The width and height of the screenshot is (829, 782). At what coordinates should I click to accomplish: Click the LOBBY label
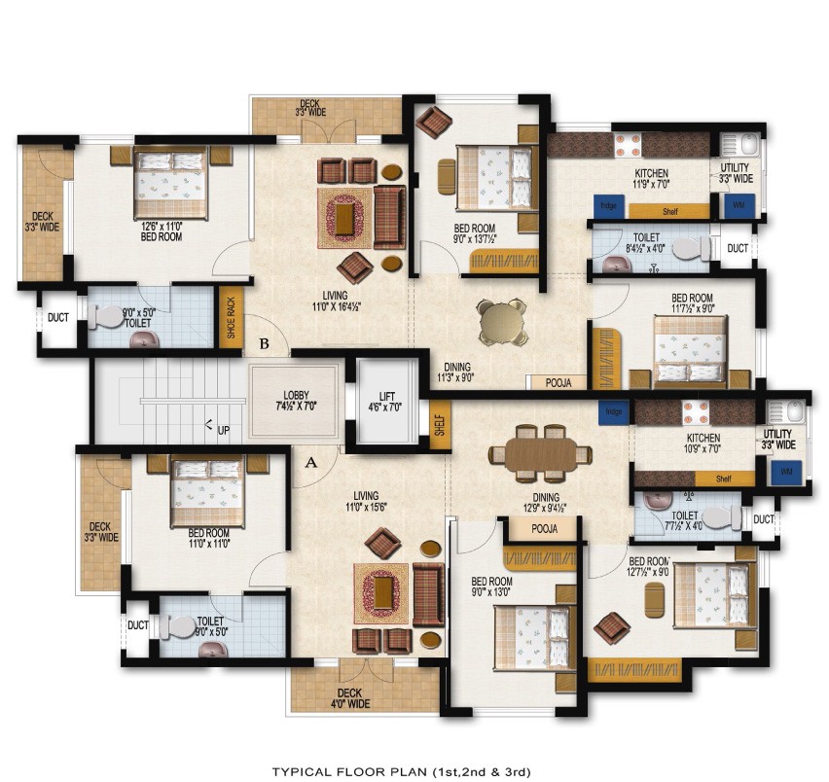297,396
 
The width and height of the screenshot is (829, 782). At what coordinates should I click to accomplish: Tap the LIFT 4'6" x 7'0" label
387,402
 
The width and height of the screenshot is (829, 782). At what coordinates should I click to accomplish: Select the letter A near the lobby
311,463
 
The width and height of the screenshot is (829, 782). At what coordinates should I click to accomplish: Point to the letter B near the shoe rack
264,341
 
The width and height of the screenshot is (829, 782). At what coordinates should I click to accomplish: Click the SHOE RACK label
232,317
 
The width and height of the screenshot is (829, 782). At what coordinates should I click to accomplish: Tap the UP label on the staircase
223,428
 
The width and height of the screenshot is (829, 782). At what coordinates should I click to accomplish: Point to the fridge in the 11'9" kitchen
609,206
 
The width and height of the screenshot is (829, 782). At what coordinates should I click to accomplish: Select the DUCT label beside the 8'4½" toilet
738,249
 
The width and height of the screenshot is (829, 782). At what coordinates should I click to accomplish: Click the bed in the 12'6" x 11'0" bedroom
171,182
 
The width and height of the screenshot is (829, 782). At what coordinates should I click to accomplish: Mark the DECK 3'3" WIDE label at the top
310,108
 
